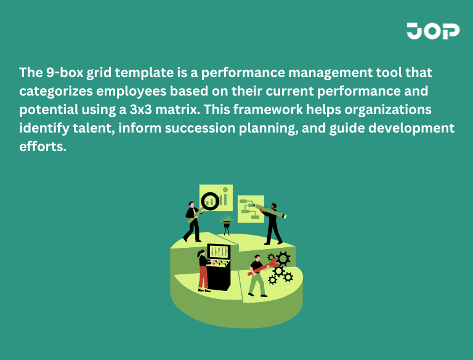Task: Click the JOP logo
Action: tap(432, 31)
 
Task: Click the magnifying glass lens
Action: tap(211, 200)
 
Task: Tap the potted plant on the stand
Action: tap(227, 221)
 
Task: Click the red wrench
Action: tap(263, 266)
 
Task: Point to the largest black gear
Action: tap(283, 258)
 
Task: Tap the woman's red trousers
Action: tap(203, 277)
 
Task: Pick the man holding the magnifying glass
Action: tap(193, 221)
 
